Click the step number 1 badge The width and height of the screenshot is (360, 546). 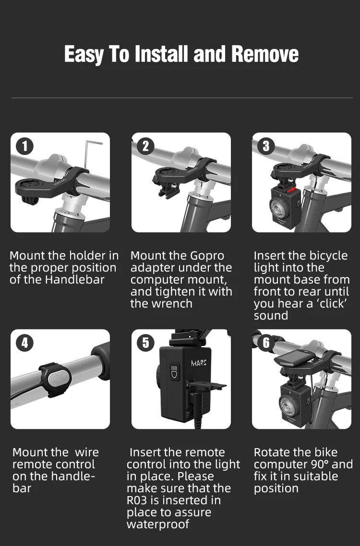[24, 146]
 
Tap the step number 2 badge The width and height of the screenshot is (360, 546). [145, 146]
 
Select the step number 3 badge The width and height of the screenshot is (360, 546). [266, 146]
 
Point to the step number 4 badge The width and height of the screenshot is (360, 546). [24, 343]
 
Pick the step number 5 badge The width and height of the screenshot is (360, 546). [145, 343]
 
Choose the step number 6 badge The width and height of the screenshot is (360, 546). [266, 343]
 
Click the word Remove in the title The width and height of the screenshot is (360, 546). [265, 54]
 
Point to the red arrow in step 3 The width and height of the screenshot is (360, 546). [291, 190]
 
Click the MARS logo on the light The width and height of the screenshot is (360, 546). [199, 363]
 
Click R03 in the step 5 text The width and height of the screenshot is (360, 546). [137, 500]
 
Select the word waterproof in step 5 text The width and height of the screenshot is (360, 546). [158, 524]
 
